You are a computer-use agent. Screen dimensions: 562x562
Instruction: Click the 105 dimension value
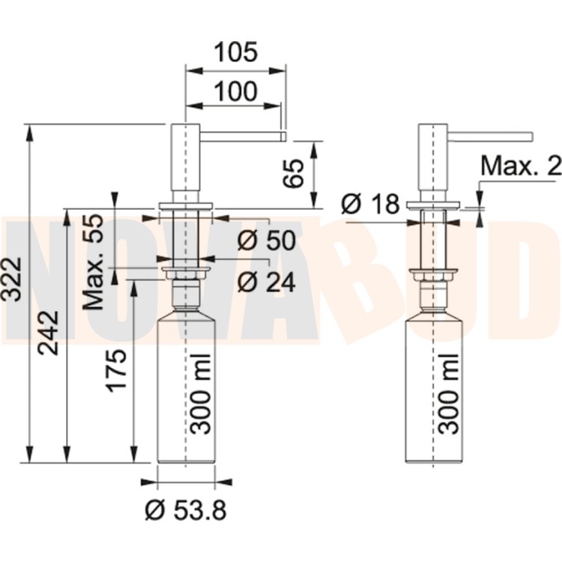coord(235,52)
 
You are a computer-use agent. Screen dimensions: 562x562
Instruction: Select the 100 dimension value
coord(235,91)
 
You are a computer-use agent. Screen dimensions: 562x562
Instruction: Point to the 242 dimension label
coord(49,333)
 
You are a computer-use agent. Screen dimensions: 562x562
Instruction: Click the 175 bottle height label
coord(117,371)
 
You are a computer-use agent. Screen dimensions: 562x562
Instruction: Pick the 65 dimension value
coord(293,174)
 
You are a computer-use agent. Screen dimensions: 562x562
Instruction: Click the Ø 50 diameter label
coord(266,240)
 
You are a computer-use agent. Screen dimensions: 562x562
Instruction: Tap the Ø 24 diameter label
coord(266,282)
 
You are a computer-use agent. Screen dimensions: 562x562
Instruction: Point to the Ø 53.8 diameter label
coord(186,510)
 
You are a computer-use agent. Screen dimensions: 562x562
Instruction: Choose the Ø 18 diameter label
coord(370,204)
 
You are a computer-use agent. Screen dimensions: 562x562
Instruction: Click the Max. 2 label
coord(521,166)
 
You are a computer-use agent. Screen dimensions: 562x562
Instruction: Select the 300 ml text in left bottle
coord(200,394)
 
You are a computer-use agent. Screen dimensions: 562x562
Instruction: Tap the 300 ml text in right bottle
coord(448,394)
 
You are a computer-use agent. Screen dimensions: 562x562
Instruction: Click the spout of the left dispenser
coord(243,136)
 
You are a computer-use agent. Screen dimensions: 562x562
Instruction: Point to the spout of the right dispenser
coord(490,136)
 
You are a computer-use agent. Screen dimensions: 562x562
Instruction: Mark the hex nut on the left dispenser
coord(186,275)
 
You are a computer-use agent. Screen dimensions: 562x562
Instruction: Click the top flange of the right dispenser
coord(433,205)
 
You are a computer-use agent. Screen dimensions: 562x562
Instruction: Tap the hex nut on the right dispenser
coord(433,277)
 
